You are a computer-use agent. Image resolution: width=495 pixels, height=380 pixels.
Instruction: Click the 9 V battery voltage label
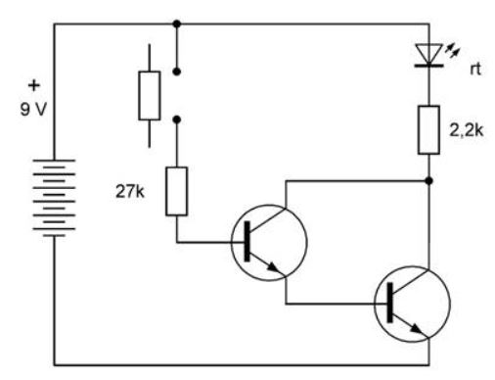click(x=33, y=109)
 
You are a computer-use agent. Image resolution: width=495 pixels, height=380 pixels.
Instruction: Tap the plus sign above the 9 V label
click(x=34, y=85)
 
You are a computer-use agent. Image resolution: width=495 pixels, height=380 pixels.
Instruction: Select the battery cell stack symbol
click(x=54, y=198)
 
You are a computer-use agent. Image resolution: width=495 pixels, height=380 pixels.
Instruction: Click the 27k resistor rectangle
click(x=176, y=191)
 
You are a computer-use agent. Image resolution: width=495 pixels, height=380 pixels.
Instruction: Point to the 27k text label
click(x=129, y=192)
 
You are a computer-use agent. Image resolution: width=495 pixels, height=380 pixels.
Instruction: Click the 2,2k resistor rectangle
click(x=428, y=129)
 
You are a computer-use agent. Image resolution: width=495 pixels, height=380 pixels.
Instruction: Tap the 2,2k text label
click(x=467, y=130)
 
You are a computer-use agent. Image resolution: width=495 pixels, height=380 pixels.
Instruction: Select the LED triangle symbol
click(x=428, y=54)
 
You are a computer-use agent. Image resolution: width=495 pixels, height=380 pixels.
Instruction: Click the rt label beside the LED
click(x=475, y=70)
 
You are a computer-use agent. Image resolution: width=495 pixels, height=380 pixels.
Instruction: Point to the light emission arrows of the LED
click(x=452, y=51)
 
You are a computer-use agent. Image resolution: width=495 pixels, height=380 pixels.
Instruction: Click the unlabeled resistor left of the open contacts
click(x=150, y=96)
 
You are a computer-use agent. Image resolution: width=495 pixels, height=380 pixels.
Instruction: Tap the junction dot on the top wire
click(x=177, y=24)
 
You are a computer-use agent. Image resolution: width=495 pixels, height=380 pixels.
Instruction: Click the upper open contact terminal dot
click(x=177, y=71)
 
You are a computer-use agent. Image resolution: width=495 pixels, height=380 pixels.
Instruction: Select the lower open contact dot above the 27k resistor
click(x=177, y=119)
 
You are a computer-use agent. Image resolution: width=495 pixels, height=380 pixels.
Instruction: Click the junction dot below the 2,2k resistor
click(x=429, y=180)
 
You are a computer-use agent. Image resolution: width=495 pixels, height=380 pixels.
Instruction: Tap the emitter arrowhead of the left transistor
click(x=274, y=268)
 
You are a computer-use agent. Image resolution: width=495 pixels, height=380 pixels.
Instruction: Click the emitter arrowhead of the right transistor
click(x=417, y=329)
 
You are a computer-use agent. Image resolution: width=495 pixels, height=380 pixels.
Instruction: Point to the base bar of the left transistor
click(x=247, y=241)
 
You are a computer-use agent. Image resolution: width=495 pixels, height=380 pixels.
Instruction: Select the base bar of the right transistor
click(x=389, y=303)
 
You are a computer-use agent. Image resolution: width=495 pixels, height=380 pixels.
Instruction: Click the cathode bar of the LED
click(x=428, y=66)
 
